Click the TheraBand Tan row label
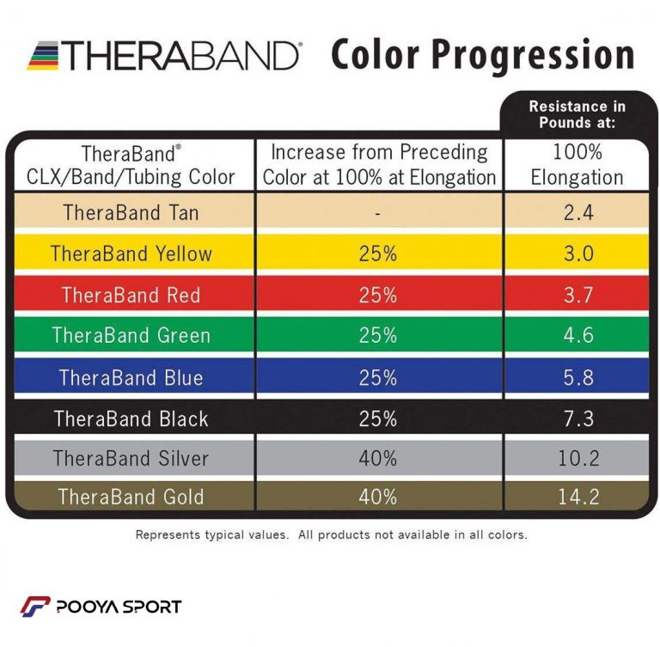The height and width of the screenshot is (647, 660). [131, 212]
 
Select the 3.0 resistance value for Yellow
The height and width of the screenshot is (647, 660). [577, 253]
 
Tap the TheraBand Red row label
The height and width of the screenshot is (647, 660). [131, 295]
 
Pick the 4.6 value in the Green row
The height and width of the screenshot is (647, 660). [577, 335]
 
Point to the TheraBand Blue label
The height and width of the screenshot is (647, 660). [131, 377]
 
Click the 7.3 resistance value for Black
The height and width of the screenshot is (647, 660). [577, 418]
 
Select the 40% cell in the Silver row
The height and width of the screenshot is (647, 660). [378, 458]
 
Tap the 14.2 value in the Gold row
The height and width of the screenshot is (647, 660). [577, 497]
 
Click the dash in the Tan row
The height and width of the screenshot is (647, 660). [378, 213]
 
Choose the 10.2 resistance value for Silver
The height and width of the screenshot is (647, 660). [577, 458]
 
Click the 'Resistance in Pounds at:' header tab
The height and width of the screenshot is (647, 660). [577, 113]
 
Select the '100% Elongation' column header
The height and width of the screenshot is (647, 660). [577, 165]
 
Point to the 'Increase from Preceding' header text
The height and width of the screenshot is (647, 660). [379, 153]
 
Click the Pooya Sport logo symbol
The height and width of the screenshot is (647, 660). [35, 606]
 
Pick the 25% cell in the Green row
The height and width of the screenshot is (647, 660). [378, 335]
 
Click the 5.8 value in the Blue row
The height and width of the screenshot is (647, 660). [577, 377]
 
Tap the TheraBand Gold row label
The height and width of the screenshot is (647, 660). [131, 497]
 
